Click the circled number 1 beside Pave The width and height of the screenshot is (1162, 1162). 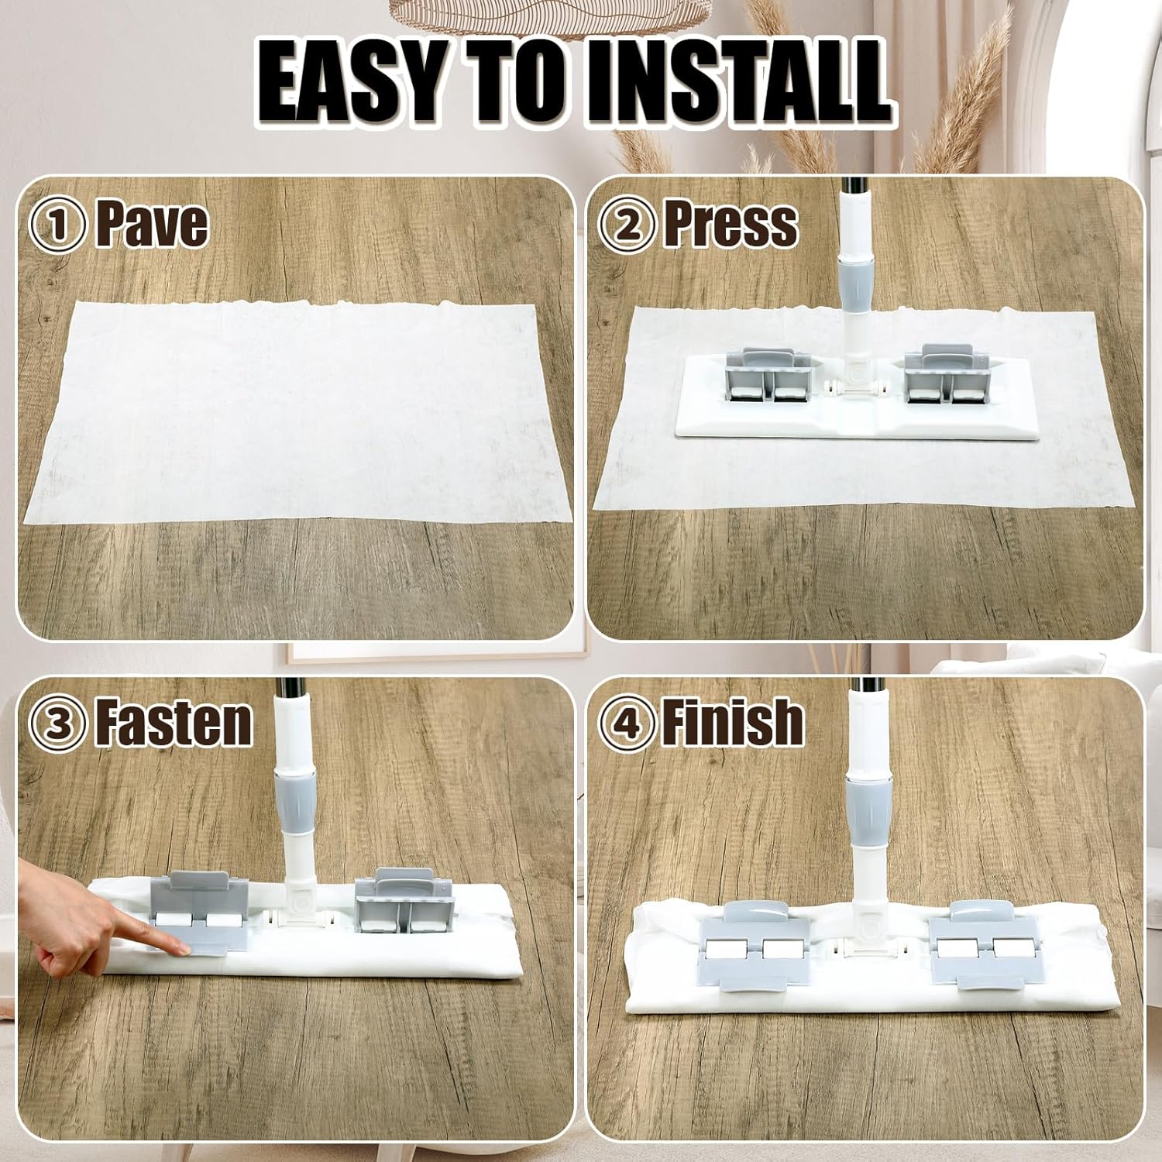[57, 225]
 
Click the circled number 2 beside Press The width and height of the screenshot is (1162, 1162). [628, 225]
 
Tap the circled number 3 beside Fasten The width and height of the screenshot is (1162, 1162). [57, 724]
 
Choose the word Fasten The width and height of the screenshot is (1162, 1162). [174, 722]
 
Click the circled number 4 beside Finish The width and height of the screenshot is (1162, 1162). [628, 724]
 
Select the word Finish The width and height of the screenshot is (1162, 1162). [732, 722]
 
